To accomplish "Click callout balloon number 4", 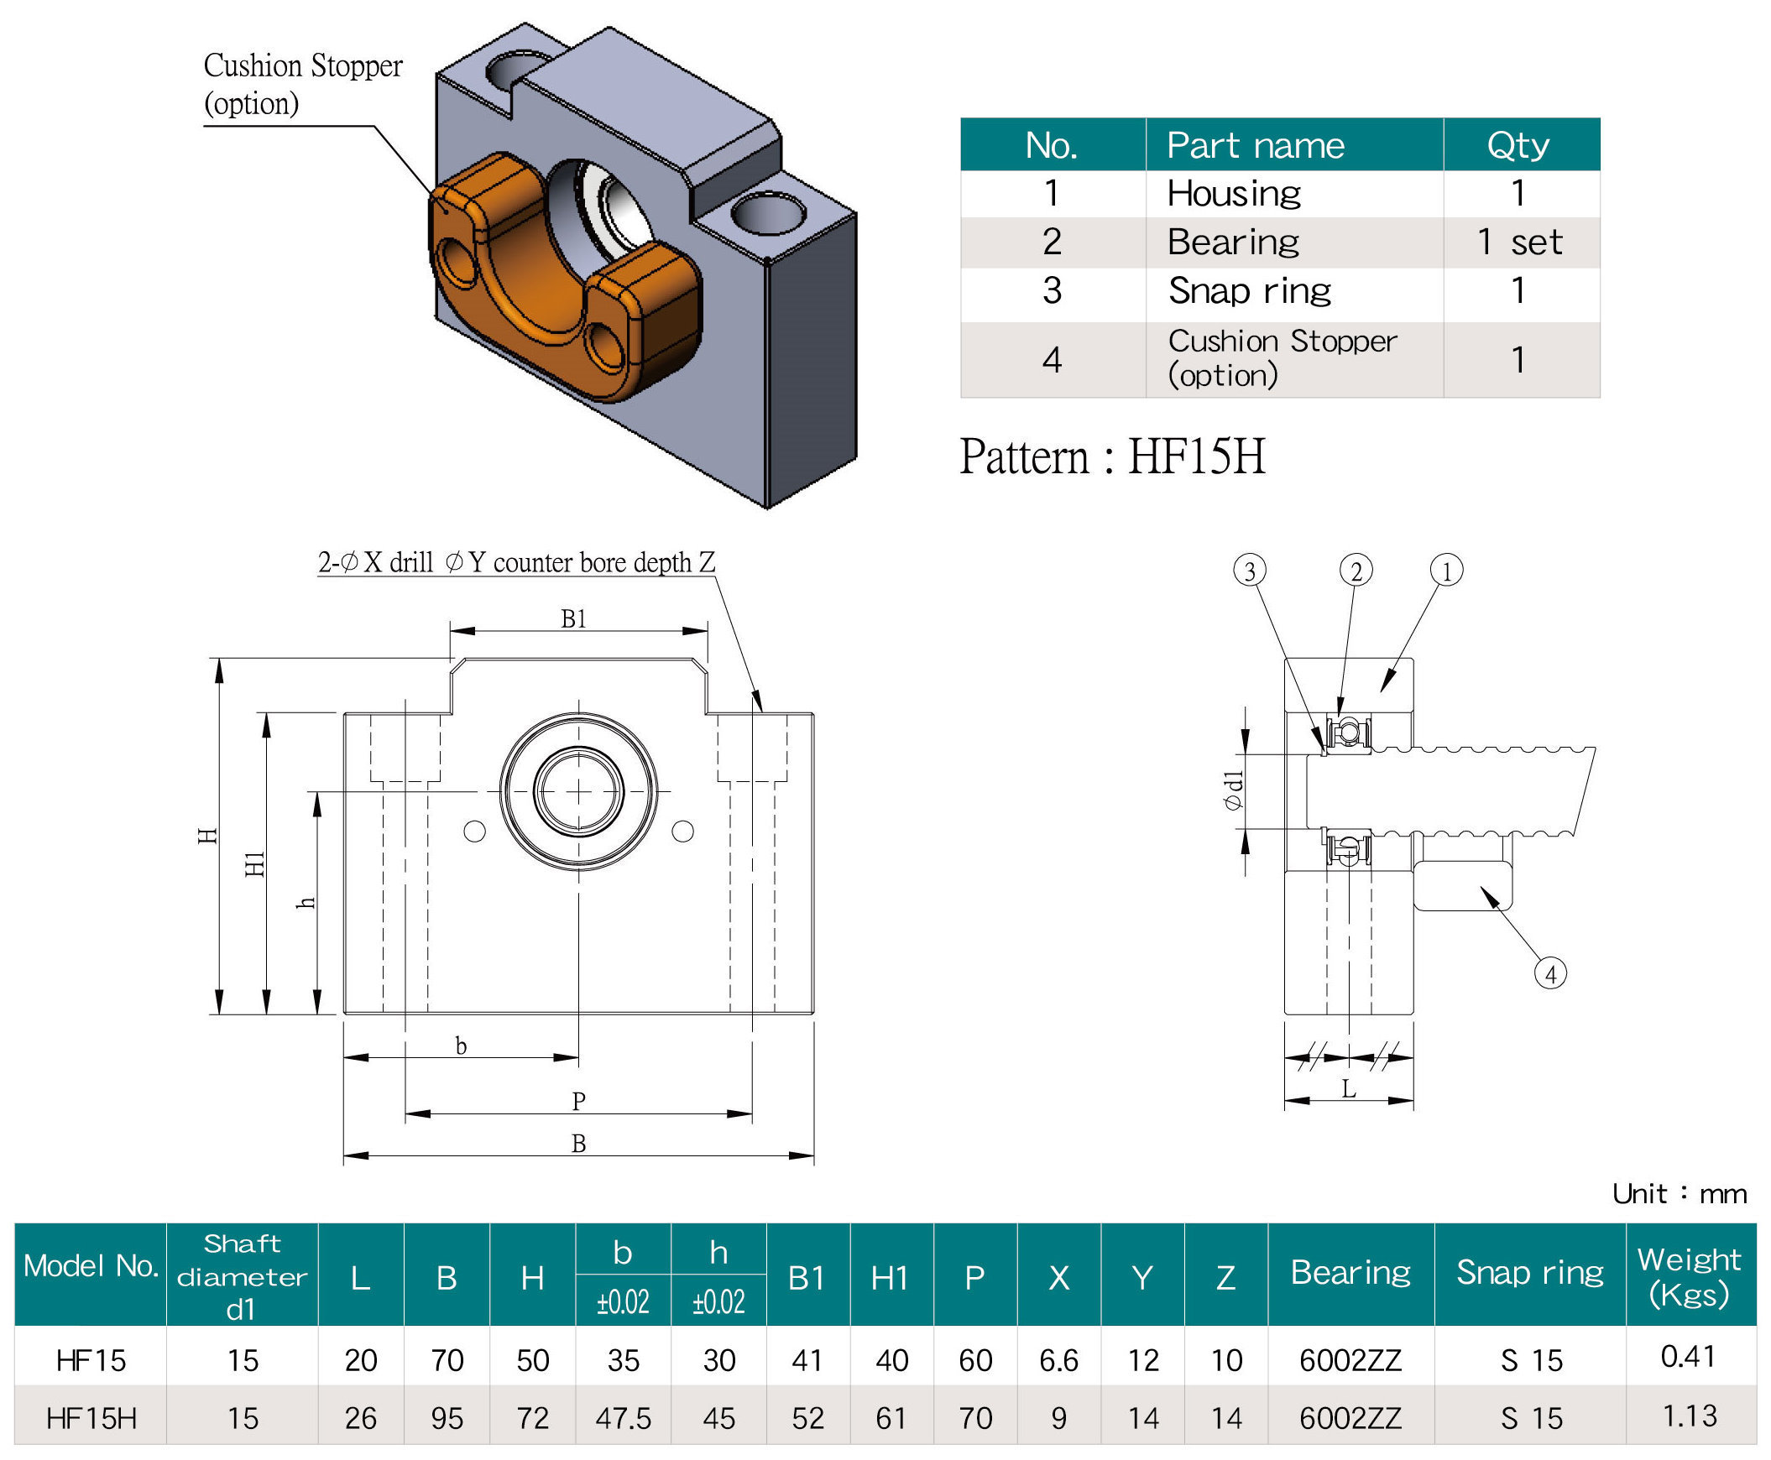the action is point(1550,973).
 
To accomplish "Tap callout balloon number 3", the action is point(1250,571).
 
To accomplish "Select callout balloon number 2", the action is point(1356,571).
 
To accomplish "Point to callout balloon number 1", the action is point(1447,571).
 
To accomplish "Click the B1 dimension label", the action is point(574,619).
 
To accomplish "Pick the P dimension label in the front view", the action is point(579,1101).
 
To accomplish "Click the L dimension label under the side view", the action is point(1349,1089).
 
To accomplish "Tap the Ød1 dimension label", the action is point(1232,790).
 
